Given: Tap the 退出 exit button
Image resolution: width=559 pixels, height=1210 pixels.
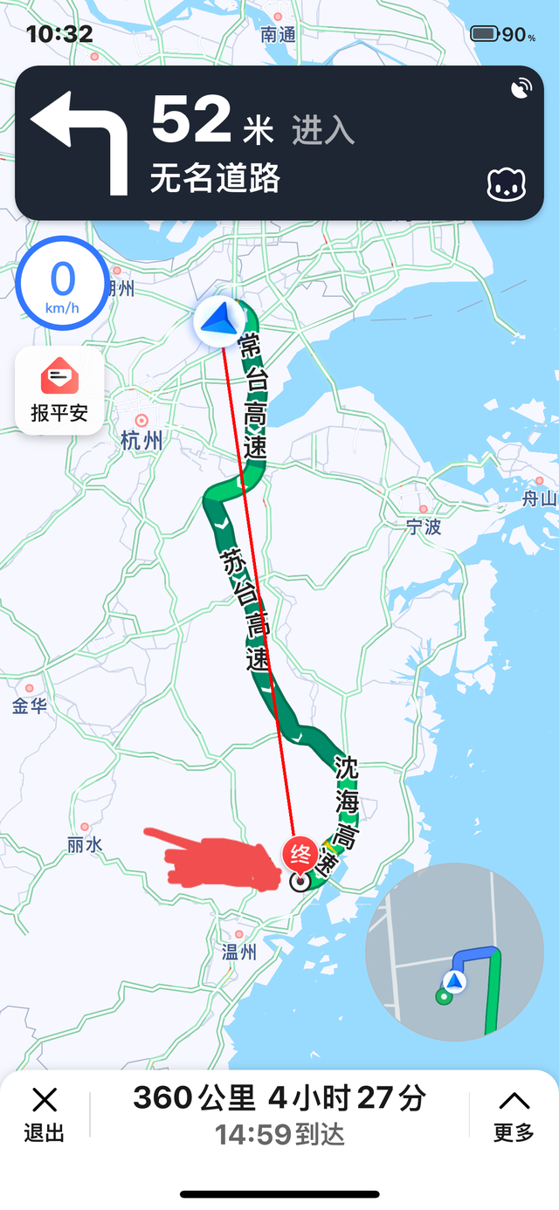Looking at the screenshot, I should click(44, 1115).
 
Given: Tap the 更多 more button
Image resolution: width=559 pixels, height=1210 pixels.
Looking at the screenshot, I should click(514, 1115).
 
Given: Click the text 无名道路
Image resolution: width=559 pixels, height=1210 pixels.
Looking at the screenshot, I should click(215, 179).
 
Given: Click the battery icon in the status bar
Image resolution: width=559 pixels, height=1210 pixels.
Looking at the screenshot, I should click(485, 34).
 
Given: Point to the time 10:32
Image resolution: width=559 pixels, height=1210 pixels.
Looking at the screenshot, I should click(59, 34).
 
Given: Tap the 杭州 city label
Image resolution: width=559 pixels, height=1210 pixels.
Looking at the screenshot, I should click(141, 441).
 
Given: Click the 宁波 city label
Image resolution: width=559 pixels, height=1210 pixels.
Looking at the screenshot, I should click(424, 526).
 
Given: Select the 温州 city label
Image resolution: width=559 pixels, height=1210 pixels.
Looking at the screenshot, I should click(238, 952).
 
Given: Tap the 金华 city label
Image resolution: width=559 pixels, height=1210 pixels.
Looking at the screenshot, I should click(29, 706).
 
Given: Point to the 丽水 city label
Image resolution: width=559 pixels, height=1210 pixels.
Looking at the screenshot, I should click(85, 845).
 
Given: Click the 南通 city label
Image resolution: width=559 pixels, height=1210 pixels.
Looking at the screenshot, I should click(279, 34).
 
